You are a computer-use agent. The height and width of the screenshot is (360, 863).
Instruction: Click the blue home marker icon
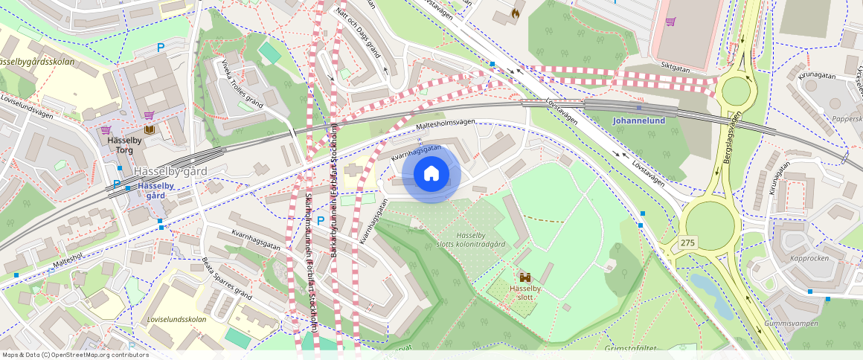click(x=431, y=174)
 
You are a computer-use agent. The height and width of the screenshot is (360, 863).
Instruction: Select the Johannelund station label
click(x=638, y=120)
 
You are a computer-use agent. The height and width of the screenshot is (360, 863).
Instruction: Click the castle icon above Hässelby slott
click(x=526, y=276)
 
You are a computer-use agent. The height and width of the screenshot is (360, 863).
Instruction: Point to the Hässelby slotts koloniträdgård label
click(x=481, y=240)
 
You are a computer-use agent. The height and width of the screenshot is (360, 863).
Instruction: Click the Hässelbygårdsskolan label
click(x=37, y=62)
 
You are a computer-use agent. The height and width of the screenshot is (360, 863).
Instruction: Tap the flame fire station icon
click(x=515, y=13)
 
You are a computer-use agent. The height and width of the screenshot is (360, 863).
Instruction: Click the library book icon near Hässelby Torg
click(x=150, y=130)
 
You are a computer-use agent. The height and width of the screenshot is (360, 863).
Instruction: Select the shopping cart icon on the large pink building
click(x=670, y=22)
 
